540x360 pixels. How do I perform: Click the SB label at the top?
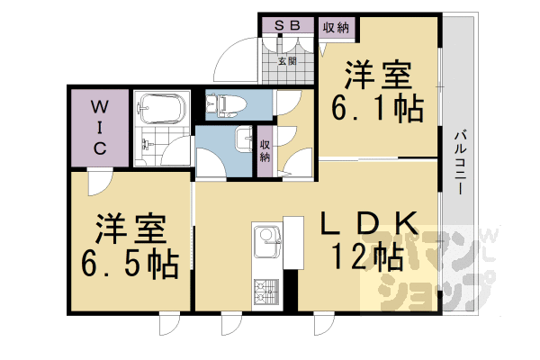(x=287, y=25)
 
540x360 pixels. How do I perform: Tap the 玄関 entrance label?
(x=287, y=61)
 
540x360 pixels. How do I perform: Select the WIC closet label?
(x=100, y=128)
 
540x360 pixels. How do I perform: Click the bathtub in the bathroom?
(x=161, y=108)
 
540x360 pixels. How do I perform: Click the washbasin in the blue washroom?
(x=244, y=139)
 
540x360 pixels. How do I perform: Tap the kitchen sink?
(x=267, y=242)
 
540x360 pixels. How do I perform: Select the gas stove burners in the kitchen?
(x=266, y=292)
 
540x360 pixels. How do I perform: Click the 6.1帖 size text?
(x=377, y=108)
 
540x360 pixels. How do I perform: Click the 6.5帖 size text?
(x=130, y=265)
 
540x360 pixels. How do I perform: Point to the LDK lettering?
(x=369, y=223)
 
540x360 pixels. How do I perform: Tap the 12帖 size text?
(x=367, y=256)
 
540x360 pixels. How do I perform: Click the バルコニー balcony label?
(x=460, y=162)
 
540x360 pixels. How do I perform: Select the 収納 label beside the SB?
(x=336, y=28)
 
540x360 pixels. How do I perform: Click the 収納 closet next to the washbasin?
(x=265, y=151)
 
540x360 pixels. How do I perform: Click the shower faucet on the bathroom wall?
(x=146, y=144)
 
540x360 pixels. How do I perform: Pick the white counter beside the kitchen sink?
(x=293, y=242)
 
